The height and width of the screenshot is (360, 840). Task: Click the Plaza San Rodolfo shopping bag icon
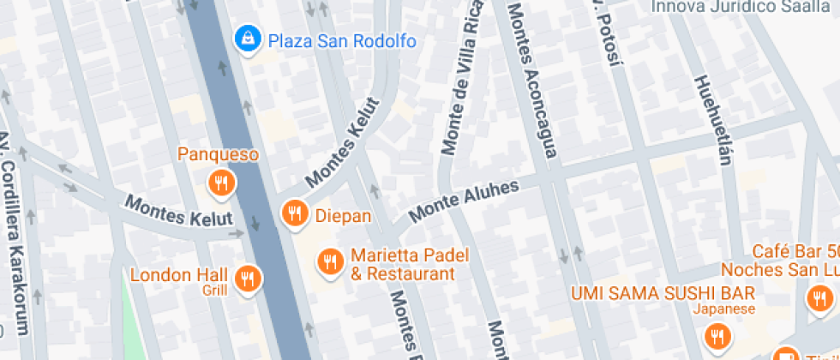point(248,39)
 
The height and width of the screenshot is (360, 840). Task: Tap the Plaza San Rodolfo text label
point(342,40)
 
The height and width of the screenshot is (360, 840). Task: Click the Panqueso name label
point(218,155)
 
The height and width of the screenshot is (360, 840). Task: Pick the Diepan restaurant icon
point(295,213)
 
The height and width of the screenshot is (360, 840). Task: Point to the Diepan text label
point(344,215)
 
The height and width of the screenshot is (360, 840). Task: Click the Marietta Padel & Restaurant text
point(402,266)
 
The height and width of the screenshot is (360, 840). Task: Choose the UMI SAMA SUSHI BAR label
point(663,292)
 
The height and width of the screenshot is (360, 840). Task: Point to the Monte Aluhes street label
point(464,202)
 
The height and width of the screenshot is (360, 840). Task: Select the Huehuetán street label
point(713,119)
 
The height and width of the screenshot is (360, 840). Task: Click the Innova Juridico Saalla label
point(742,7)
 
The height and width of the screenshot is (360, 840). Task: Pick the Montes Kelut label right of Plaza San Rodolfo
point(341,153)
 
